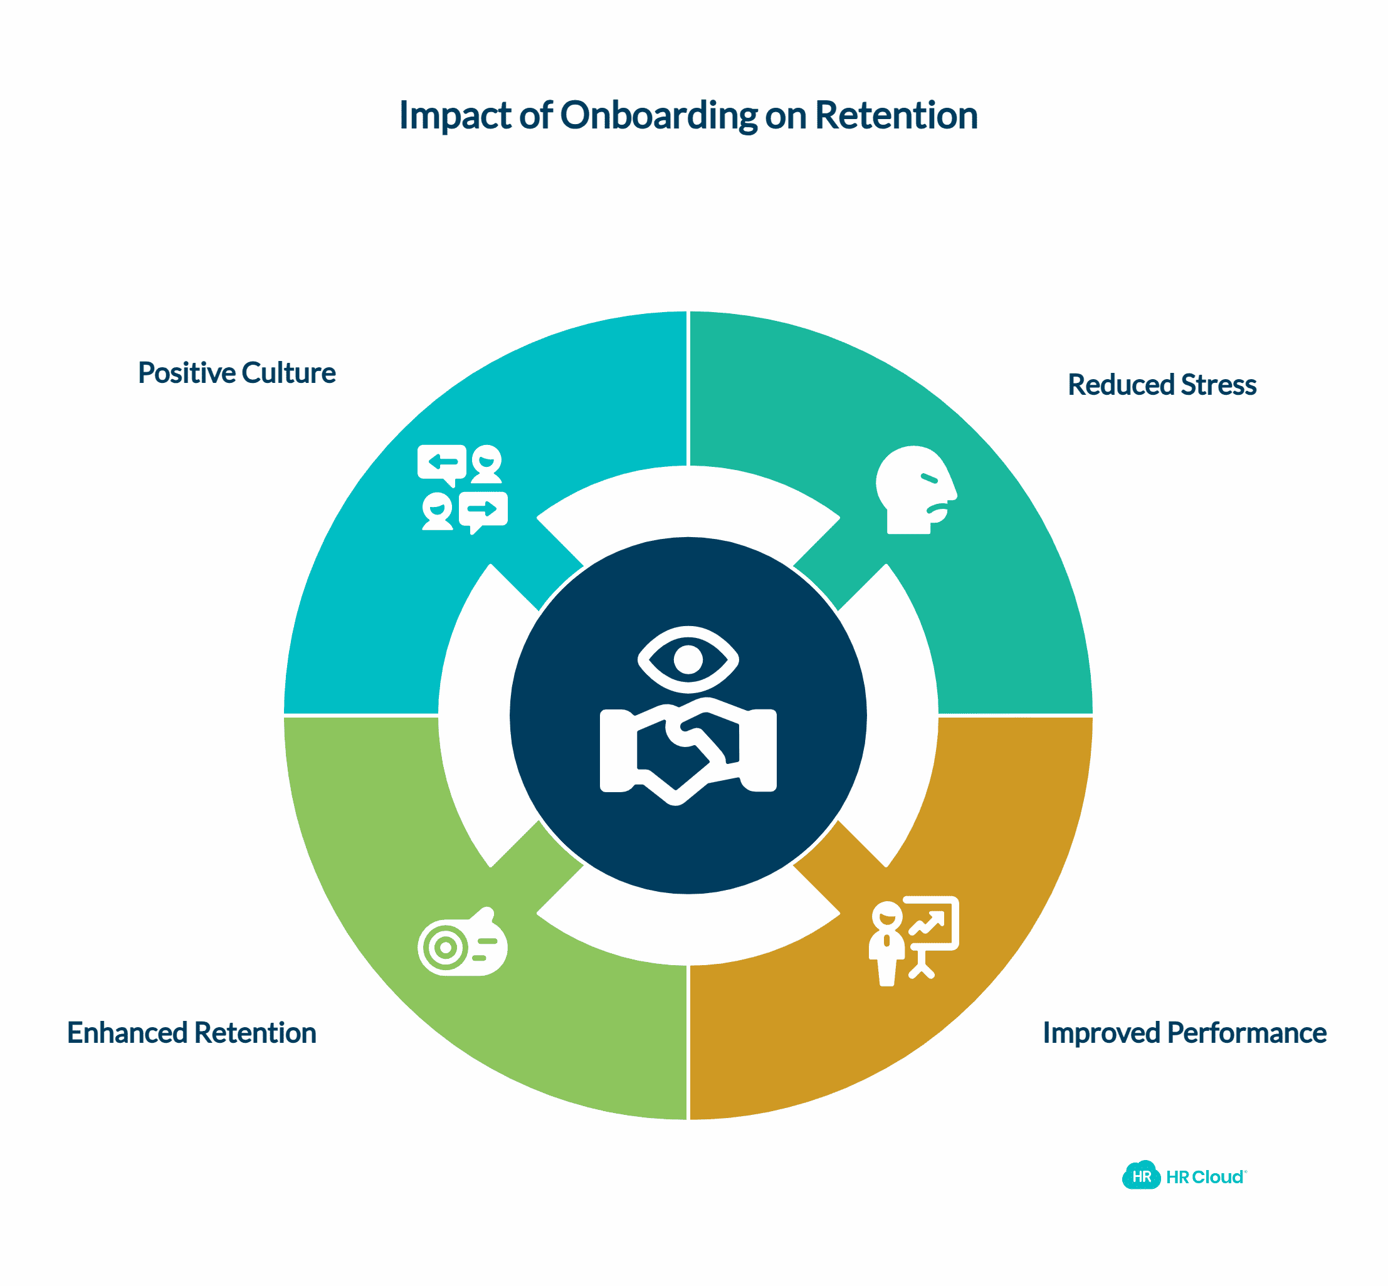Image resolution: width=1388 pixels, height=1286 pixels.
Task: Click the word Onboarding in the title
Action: (x=658, y=115)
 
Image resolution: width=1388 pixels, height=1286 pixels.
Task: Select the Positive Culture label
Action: (x=237, y=373)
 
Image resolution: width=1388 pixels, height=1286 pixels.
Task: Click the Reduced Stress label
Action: (x=1162, y=385)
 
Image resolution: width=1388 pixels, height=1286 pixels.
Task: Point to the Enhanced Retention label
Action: (x=191, y=1033)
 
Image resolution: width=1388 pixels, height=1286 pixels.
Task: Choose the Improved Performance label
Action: (x=1184, y=1033)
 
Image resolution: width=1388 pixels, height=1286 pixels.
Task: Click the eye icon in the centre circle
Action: (x=688, y=659)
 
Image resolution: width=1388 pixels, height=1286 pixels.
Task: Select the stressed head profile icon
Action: (x=915, y=489)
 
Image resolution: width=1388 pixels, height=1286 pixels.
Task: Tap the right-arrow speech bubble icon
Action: (x=483, y=510)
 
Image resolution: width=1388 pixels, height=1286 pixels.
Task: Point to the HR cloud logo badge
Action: (x=1141, y=1177)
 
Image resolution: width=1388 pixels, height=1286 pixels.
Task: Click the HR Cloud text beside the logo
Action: (x=1205, y=1178)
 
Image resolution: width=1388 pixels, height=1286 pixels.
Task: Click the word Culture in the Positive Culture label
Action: (x=288, y=373)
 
